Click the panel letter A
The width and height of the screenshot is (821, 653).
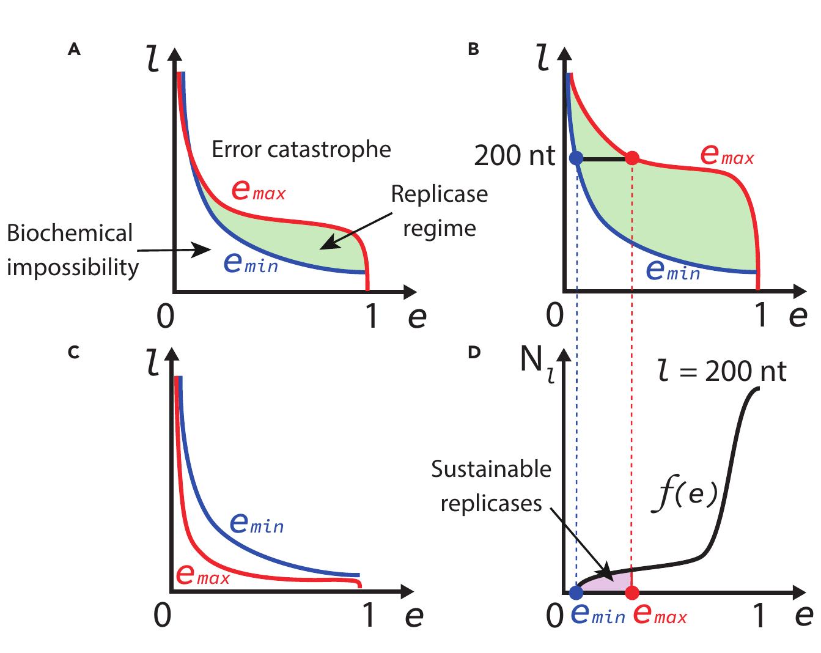[74, 50]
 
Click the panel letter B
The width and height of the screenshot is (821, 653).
[473, 50]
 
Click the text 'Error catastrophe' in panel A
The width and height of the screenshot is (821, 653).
[301, 149]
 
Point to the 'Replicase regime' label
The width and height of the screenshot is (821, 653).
[439, 211]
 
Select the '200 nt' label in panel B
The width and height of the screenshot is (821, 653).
[514, 157]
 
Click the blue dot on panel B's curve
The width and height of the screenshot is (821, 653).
[576, 158]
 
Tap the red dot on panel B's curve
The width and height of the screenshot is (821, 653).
[632, 158]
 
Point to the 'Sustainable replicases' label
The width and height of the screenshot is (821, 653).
[491, 486]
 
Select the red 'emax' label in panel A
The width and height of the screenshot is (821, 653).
[258, 191]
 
